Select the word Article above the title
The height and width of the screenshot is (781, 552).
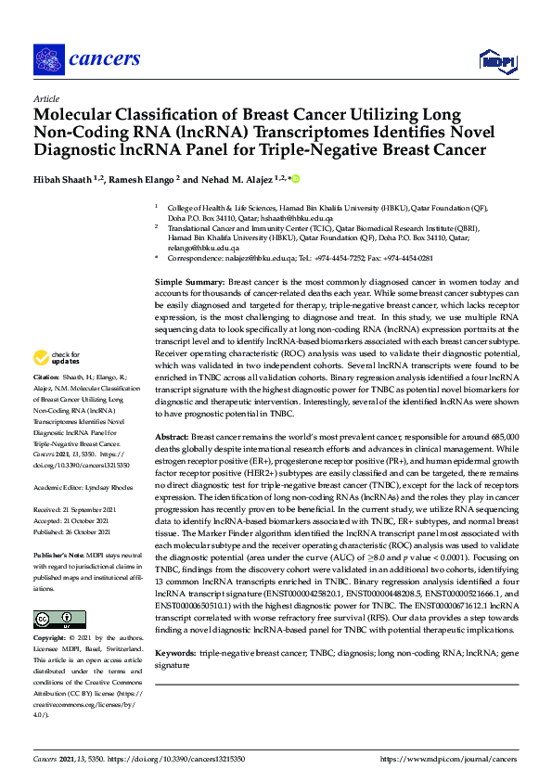[x=45, y=98]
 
